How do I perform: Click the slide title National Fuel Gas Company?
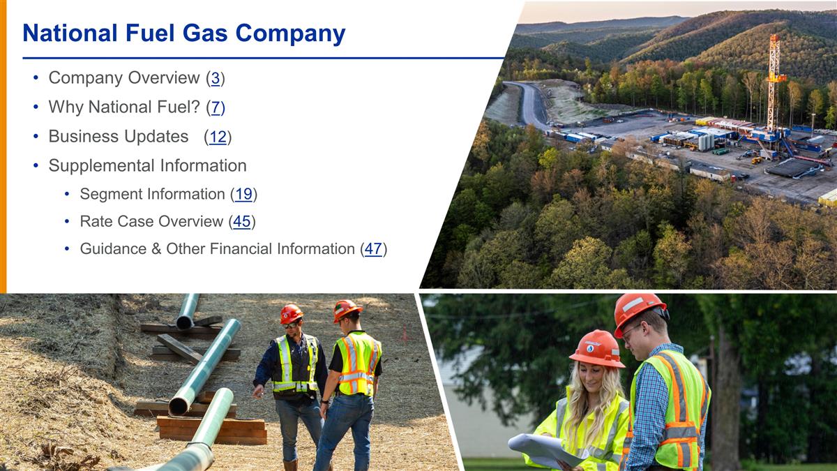click(x=183, y=33)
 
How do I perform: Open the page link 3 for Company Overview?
click(x=216, y=78)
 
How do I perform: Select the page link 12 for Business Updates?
click(x=218, y=137)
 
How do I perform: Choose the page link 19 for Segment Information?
click(x=243, y=194)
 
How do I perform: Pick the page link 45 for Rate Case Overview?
click(x=241, y=222)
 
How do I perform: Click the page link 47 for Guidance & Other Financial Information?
click(x=373, y=249)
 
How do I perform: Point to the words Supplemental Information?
click(x=147, y=166)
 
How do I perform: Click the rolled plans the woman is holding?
click(x=544, y=449)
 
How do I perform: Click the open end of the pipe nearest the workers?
click(x=179, y=404)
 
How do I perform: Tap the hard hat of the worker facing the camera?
click(x=291, y=313)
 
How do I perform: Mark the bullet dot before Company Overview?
click(x=35, y=78)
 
